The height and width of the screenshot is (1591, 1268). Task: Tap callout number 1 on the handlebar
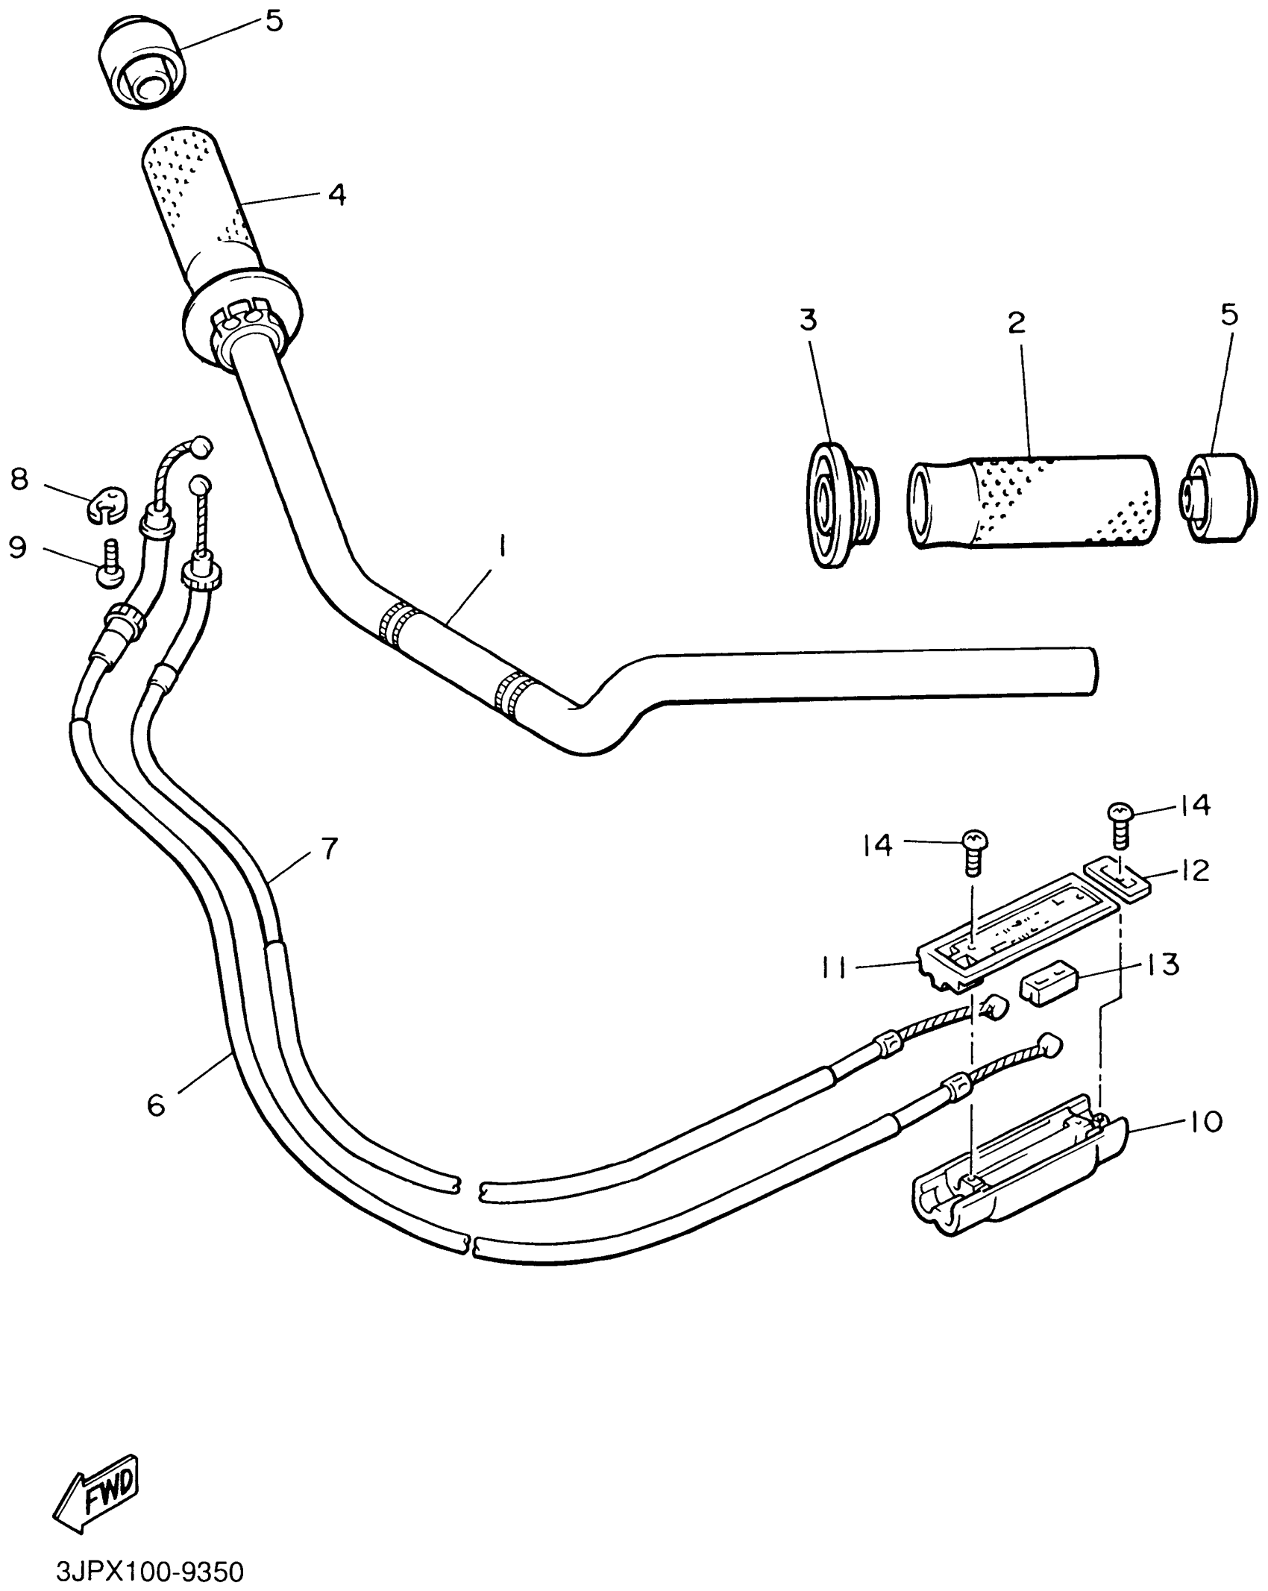click(x=502, y=550)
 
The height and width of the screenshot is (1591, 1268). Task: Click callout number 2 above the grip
click(x=1017, y=323)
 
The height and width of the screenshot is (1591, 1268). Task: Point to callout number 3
click(x=809, y=320)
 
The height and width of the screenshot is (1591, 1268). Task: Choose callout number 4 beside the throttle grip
click(x=337, y=195)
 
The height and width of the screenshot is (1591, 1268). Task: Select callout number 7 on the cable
click(x=329, y=848)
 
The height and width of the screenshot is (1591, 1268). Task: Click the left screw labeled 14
click(x=973, y=852)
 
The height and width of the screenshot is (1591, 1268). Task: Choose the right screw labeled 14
click(x=1120, y=823)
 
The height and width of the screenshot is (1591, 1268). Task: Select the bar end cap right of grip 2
click(x=1215, y=496)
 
